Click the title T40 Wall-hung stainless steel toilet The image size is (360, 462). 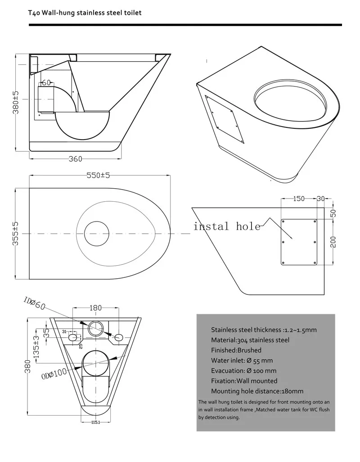[x=85, y=13]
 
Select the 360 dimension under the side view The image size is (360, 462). [x=75, y=159]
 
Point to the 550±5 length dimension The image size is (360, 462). [x=99, y=176]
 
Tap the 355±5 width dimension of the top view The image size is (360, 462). [x=16, y=233]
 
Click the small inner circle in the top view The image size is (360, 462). [x=97, y=234]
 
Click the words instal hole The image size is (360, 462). [x=227, y=226]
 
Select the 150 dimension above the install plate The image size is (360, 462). [x=299, y=199]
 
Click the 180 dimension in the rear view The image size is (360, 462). [x=95, y=308]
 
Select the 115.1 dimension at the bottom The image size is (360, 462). [x=95, y=422]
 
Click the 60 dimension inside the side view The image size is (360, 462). [x=45, y=82]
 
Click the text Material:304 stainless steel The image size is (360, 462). [x=250, y=340]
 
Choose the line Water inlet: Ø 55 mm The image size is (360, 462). [x=242, y=360]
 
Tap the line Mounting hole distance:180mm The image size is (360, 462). [x=257, y=391]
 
